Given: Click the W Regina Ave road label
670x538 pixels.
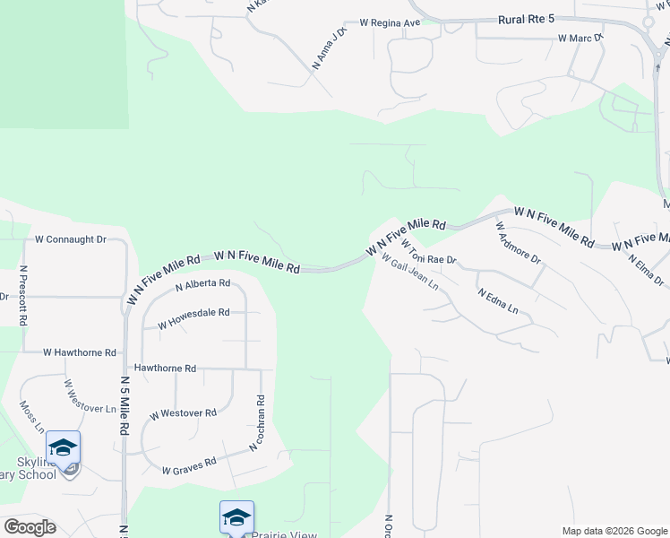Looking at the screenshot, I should [390, 22].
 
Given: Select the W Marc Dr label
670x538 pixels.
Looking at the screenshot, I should [580, 39].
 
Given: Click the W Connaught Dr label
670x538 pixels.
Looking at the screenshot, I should [70, 239].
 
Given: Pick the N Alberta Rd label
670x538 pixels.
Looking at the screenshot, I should [202, 285].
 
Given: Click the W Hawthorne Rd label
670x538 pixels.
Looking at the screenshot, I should [80, 353].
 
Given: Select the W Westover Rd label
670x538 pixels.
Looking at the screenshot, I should [183, 414].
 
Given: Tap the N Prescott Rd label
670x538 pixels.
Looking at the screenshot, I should [23, 295].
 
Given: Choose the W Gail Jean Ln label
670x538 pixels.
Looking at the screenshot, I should [409, 271].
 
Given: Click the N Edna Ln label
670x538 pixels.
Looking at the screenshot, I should [498, 300].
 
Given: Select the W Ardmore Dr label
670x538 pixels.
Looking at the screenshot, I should [519, 242].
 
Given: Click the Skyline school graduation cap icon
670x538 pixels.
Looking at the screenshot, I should [64, 447].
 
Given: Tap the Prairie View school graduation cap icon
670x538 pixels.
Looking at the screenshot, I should [236, 517].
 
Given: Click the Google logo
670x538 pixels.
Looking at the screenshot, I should [30, 527].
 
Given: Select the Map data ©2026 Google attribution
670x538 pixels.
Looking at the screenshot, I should [614, 531].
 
